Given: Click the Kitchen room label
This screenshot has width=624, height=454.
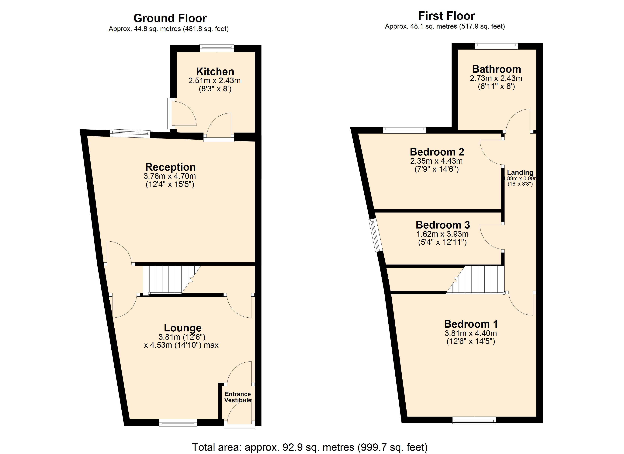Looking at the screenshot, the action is [x=215, y=72].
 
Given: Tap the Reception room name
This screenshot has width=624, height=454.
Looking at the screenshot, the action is [x=170, y=167].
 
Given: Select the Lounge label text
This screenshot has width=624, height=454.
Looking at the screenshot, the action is [x=183, y=328].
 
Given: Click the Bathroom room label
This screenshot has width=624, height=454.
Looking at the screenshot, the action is [x=497, y=69].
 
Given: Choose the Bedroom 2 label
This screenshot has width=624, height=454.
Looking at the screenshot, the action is [x=437, y=152].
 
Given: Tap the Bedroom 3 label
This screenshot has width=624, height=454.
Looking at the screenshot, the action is [x=443, y=225].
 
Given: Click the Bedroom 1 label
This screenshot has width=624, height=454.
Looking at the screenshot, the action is [x=471, y=324].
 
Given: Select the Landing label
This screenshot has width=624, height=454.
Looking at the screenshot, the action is [x=520, y=172].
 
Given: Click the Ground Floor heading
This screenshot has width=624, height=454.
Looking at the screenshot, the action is [x=170, y=18].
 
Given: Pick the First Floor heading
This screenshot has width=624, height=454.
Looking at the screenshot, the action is [x=447, y=16].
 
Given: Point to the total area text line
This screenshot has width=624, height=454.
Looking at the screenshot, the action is [x=310, y=447].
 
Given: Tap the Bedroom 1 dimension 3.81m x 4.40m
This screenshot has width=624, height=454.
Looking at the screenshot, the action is [x=471, y=333].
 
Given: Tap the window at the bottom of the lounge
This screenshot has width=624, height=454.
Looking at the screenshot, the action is [x=178, y=423].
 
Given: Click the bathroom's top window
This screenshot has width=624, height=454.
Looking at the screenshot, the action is [x=496, y=46].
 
